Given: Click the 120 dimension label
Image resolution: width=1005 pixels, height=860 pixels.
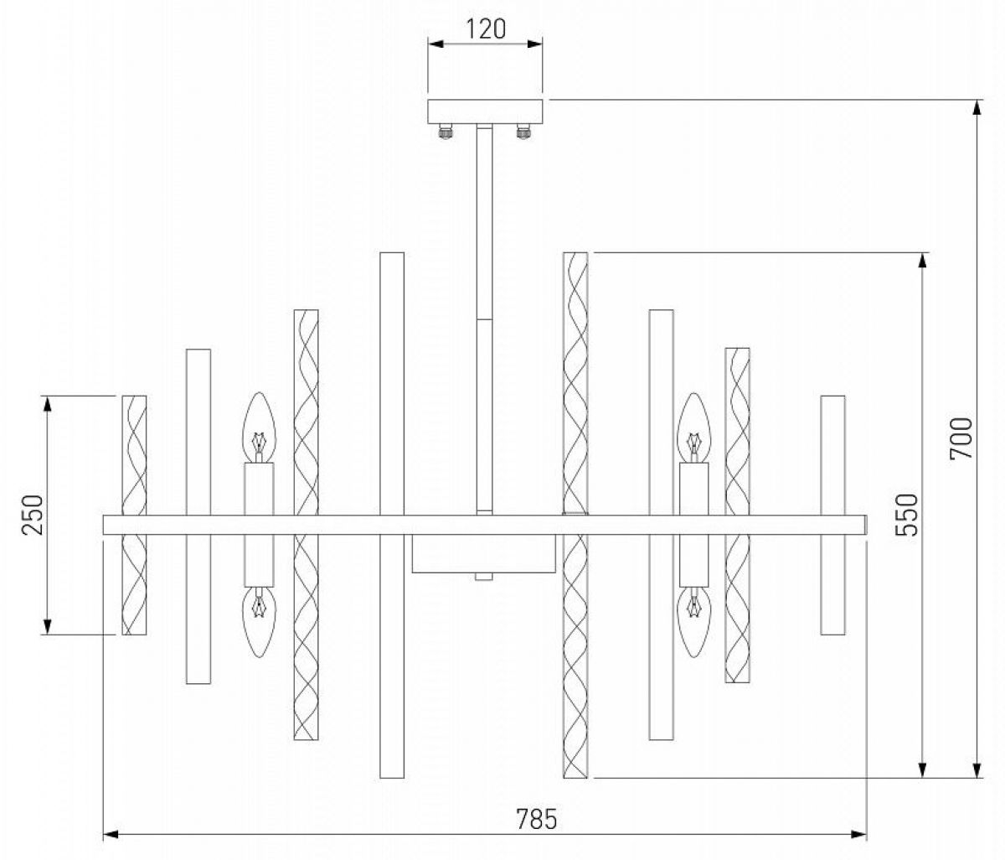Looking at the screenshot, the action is [x=486, y=29].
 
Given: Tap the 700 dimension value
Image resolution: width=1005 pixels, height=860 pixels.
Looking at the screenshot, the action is [x=961, y=438].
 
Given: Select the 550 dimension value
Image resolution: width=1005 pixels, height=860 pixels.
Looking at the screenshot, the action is [x=907, y=515].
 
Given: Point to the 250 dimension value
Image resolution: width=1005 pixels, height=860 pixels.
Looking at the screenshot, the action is [x=33, y=515].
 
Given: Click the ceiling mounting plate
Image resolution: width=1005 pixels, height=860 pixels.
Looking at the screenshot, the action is [x=485, y=111].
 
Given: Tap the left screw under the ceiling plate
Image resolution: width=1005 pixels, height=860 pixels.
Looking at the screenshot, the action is [x=446, y=132].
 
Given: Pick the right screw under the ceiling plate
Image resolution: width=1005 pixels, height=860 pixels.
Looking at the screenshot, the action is [x=523, y=132].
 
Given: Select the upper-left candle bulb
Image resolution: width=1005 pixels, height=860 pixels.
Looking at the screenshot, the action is [x=259, y=427].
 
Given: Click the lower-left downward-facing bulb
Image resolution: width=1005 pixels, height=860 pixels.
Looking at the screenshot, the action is [x=259, y=622].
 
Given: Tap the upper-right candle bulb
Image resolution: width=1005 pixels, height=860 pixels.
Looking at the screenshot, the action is [x=694, y=427].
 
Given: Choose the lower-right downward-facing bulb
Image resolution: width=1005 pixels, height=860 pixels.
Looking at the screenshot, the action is [x=694, y=622].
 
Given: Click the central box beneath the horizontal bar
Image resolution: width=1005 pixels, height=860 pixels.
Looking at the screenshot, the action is [x=483, y=553].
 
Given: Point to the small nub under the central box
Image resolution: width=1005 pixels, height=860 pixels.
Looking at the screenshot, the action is [x=484, y=577].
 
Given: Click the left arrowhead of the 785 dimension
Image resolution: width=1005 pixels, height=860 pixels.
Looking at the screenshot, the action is [x=111, y=835].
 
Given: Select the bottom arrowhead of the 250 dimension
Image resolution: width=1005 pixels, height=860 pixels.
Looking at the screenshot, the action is [x=47, y=627].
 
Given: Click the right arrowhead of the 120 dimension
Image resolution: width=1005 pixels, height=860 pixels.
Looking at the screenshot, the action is [x=535, y=44].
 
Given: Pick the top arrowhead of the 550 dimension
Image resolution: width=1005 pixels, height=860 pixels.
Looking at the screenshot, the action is [x=921, y=261].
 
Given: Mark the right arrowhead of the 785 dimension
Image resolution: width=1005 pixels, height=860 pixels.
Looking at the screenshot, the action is [x=858, y=835].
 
